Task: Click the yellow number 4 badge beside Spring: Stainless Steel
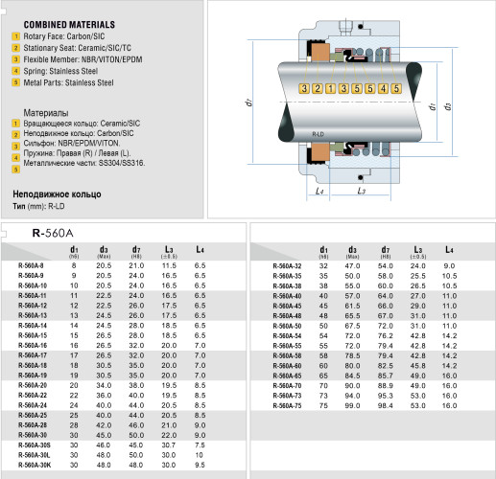pos(15,71)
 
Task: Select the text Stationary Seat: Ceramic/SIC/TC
pos(69,48)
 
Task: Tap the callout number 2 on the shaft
pos(319,89)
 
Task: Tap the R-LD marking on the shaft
pos(319,125)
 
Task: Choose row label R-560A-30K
pos(35,464)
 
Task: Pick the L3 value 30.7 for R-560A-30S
pos(169,445)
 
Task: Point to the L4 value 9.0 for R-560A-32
pos(450,265)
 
